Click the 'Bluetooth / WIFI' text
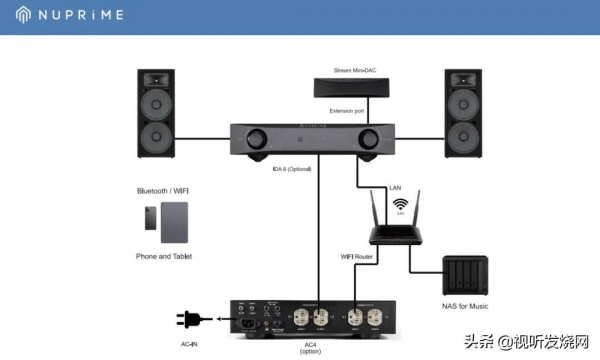[165, 190]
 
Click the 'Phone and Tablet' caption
[164, 256]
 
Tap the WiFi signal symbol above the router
[400, 204]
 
